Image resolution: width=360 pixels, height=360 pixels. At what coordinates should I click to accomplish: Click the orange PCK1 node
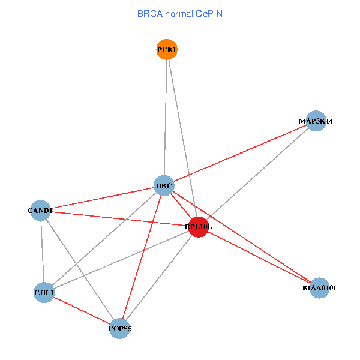pos(167,50)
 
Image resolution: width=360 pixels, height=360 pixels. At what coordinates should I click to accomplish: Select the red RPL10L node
pos(199,227)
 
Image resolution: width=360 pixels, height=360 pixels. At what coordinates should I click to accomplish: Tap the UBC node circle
pos(164,186)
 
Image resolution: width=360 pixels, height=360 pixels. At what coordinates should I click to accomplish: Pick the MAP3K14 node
pos(316,121)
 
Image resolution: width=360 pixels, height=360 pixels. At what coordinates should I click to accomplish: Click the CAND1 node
pos(40,211)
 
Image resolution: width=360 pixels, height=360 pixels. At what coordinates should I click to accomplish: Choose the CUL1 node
pos(44,293)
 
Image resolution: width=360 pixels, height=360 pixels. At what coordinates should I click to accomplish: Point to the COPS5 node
pos(120,329)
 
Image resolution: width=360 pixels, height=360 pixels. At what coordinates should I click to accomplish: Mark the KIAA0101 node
pos(320,288)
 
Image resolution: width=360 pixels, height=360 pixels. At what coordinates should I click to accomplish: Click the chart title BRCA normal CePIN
pos(180,13)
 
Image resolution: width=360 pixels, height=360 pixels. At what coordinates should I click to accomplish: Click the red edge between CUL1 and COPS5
pos(82,311)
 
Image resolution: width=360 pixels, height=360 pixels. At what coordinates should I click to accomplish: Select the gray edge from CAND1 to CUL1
pos(42,252)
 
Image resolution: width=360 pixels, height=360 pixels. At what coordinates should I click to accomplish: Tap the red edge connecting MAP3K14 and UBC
pos(240,154)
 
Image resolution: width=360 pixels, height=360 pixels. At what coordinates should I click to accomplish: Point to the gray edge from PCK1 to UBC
pos(166,118)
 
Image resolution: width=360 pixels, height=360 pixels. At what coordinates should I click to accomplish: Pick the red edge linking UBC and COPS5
pos(142,257)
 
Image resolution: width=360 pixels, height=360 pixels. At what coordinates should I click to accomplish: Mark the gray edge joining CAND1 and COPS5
pos(80,270)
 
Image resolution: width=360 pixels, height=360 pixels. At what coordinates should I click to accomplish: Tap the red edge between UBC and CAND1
pos(102,199)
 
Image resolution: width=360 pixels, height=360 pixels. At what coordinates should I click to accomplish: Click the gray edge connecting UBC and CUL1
pos(104,239)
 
